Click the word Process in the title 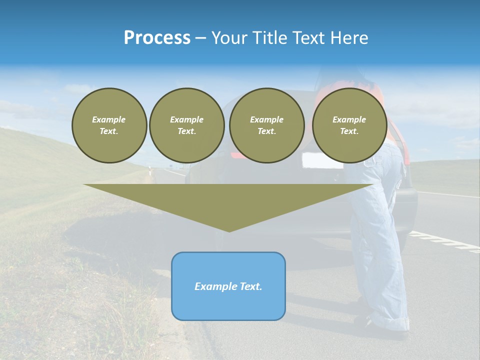157,38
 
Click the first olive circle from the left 109,125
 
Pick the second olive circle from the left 186,125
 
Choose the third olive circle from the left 266,125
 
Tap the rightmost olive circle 349,125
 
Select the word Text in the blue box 251,286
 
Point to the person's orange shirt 379,92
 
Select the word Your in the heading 229,38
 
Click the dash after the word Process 201,38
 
